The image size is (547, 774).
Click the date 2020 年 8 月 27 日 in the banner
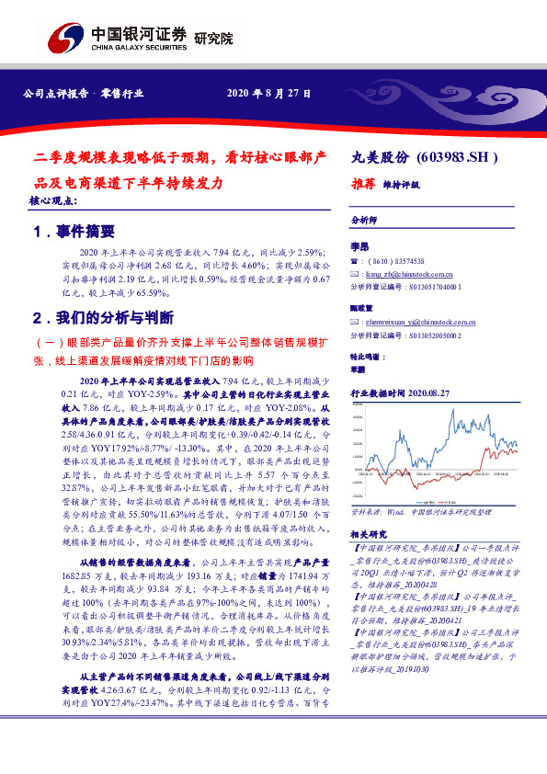coord(268,94)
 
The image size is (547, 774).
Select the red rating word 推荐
coord(365,184)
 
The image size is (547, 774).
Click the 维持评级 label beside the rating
coord(401,185)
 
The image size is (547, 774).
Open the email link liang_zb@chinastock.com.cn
coord(410,274)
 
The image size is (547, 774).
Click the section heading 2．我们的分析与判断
coord(102,318)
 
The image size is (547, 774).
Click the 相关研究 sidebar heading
coord(369,532)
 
